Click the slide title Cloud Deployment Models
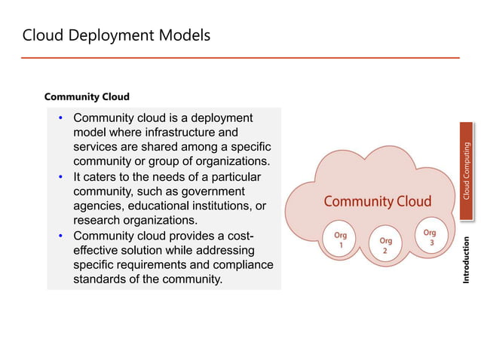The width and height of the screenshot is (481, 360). pos(116,35)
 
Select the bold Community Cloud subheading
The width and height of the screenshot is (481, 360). pos(87,96)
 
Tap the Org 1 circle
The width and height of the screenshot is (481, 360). pos(340,240)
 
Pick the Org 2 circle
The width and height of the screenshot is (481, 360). pos(385,246)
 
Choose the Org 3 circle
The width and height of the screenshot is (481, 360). pos(429,237)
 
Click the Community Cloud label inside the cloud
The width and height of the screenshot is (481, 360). pos(377,201)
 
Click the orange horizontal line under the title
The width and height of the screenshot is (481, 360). pos(240,57)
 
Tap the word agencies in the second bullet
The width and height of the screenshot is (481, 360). pos(100,206)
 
